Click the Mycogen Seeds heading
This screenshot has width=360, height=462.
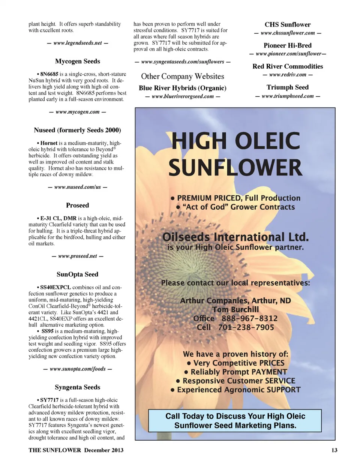pyautogui.click(x=77, y=61)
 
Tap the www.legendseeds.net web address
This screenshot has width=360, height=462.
pyautogui.click(x=77, y=43)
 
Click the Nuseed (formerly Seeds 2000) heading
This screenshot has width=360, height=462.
pyautogui.click(x=77, y=130)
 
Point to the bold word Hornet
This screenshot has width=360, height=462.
pyautogui.click(x=49, y=143)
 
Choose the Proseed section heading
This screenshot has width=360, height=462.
pyautogui.click(x=77, y=205)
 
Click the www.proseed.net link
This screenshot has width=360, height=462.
pyautogui.click(x=77, y=256)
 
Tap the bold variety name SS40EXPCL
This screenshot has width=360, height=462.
pyautogui.click(x=55, y=287)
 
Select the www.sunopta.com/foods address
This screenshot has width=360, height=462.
pyautogui.click(x=77, y=369)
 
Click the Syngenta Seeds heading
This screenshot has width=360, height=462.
pyautogui.click(x=77, y=387)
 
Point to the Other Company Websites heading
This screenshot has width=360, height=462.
pyautogui.click(x=182, y=76)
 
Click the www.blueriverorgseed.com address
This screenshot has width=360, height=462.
pyautogui.click(x=182, y=96)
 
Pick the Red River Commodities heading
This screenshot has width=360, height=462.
pyautogui.click(x=287, y=66)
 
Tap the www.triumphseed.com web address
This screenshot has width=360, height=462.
pyautogui.click(x=287, y=96)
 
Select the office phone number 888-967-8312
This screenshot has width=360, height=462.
pyautogui.click(x=249, y=319)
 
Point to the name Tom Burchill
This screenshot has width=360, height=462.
pyautogui.click(x=235, y=310)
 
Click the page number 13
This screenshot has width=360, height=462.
pyautogui.click(x=334, y=450)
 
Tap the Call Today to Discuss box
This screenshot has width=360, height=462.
pyautogui.click(x=235, y=421)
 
